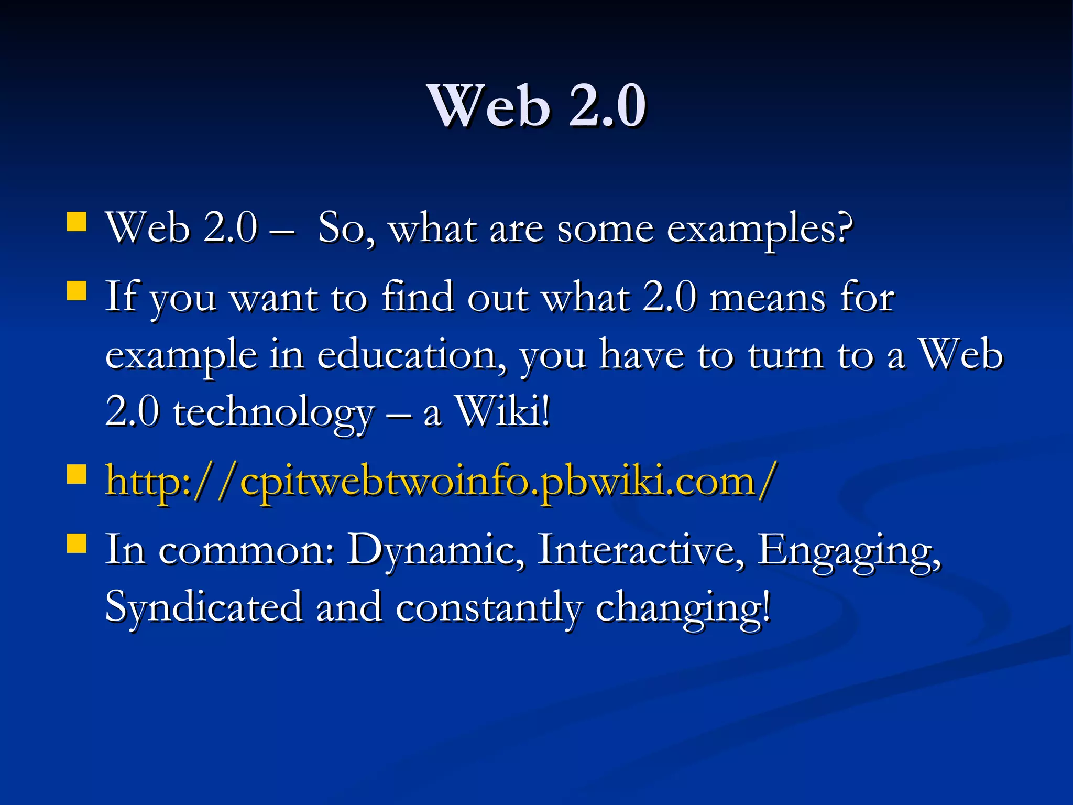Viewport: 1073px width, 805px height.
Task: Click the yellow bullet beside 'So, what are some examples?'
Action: click(x=77, y=222)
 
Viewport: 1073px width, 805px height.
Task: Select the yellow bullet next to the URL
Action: click(x=77, y=475)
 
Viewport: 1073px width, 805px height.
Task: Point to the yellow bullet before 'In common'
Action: click(x=77, y=543)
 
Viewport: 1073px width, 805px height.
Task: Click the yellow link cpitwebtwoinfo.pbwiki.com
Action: click(x=440, y=481)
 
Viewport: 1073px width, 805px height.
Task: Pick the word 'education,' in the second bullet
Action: click(x=407, y=355)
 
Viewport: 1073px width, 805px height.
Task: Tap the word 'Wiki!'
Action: click(x=503, y=412)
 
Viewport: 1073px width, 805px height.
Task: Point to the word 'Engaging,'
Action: click(x=849, y=551)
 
